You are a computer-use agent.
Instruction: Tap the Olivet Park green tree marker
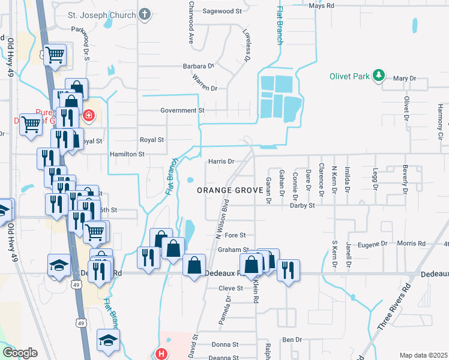[378, 76]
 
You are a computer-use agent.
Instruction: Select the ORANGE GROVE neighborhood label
[231, 190]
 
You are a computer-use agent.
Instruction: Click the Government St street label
[182, 110]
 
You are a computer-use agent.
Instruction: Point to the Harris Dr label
[220, 161]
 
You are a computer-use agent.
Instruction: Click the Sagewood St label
[221, 11]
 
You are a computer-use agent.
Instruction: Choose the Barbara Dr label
[199, 66]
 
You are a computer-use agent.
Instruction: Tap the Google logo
[20, 353]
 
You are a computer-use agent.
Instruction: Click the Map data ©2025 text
[423, 355]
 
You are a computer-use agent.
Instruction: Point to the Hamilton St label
[127, 154]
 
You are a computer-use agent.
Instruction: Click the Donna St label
[225, 345]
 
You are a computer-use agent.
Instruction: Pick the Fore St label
[235, 236]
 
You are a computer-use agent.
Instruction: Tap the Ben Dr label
[292, 340]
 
